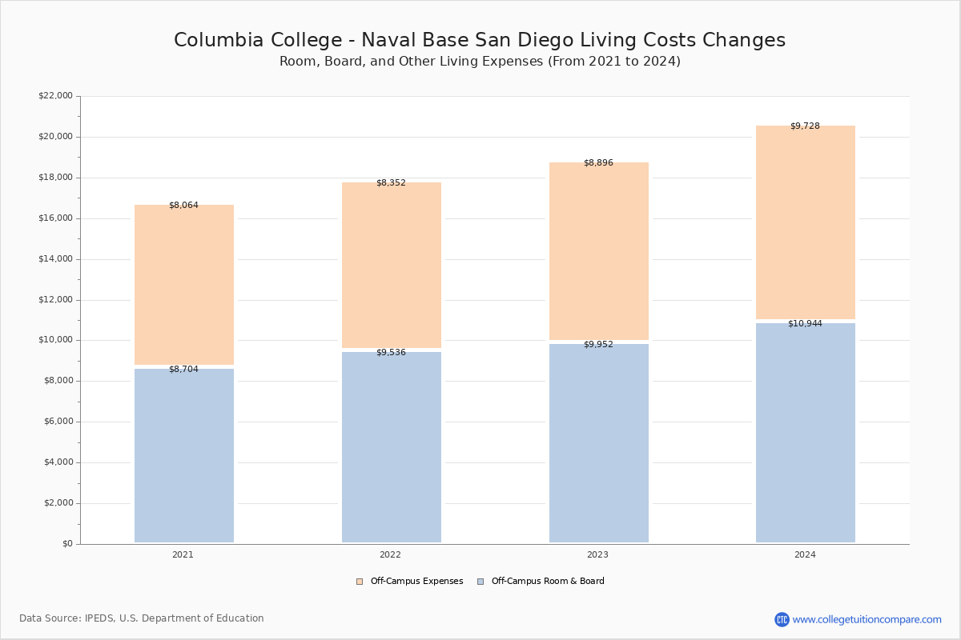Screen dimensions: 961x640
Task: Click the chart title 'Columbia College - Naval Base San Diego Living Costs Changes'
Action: (480, 40)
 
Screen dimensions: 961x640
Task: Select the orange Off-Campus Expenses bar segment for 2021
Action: (184, 285)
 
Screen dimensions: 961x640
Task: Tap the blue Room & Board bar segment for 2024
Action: (806, 433)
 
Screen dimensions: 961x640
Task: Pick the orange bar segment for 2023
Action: (599, 251)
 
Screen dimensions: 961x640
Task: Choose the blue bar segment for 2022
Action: (392, 447)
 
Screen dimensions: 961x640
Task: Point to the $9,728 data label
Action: (805, 126)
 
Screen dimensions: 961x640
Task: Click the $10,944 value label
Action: (805, 324)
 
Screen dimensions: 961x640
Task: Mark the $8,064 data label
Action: (183, 206)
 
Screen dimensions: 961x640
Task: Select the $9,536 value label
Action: (391, 352)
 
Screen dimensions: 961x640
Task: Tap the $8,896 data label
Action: (598, 163)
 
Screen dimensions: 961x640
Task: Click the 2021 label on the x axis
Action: (183, 554)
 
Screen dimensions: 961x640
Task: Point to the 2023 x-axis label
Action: (597, 554)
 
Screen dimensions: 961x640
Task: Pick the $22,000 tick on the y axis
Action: (56, 95)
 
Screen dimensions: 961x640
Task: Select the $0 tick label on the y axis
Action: (68, 544)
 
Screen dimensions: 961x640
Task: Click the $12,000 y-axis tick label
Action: (56, 300)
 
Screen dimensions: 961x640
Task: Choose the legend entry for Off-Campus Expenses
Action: (410, 582)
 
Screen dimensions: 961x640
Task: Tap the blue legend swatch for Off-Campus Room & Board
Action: (480, 582)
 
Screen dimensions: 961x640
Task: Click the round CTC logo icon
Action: (782, 619)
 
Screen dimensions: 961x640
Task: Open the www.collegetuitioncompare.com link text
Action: (867, 619)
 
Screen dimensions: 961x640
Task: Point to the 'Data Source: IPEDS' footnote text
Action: (142, 618)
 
